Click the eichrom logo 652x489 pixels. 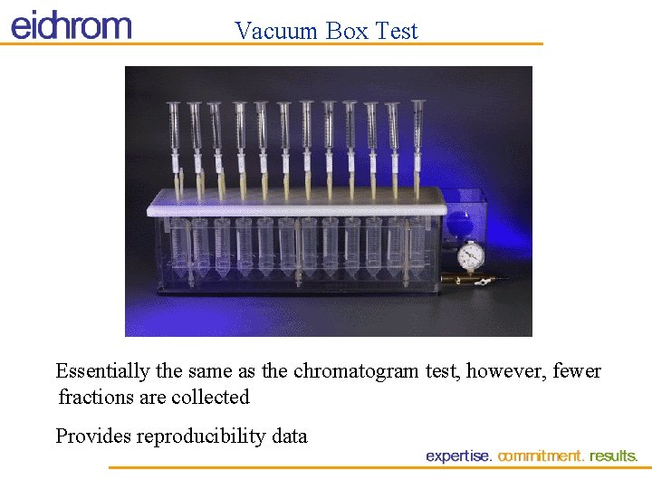click(71, 24)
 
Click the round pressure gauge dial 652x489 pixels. click(471, 255)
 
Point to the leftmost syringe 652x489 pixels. click(174, 145)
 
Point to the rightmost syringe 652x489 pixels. click(417, 145)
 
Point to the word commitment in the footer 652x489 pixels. click(542, 456)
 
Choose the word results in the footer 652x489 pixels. click(614, 456)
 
